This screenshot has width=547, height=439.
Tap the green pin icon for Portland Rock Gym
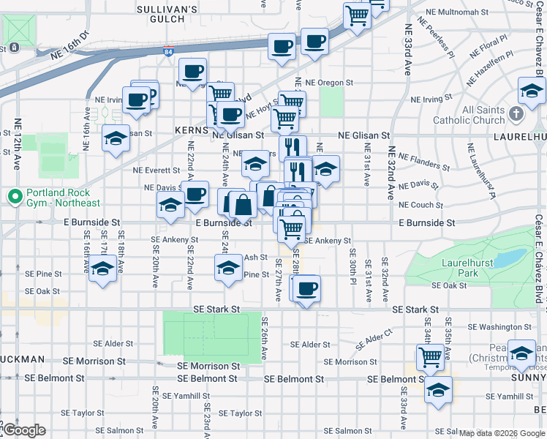[14, 197]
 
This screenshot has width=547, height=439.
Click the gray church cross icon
[516, 113]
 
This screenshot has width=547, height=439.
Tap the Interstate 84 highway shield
[168, 51]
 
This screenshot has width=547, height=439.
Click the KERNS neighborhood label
[192, 130]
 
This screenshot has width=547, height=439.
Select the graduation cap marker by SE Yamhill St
[439, 390]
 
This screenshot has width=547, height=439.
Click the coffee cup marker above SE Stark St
[308, 289]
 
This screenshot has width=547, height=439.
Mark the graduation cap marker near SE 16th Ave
[102, 270]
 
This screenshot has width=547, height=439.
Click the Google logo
[24, 430]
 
